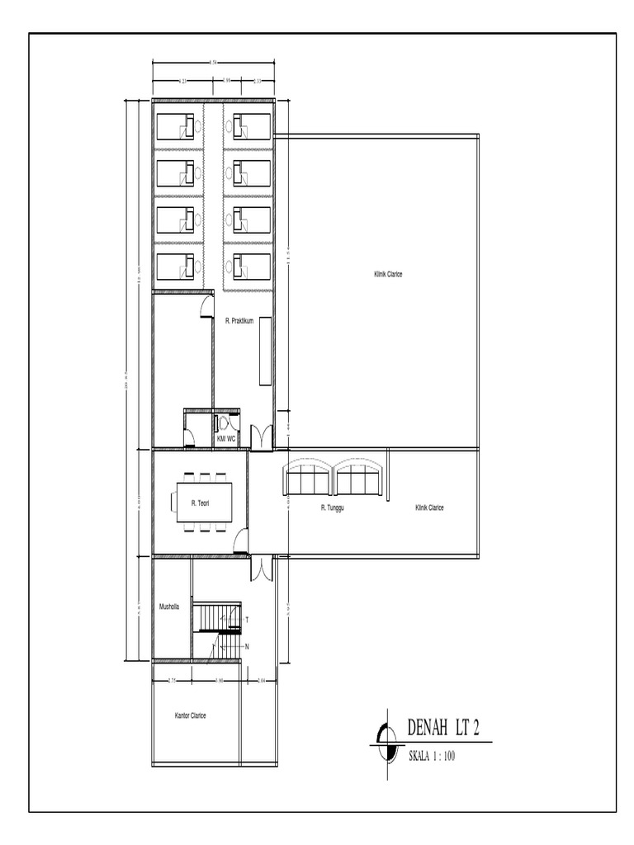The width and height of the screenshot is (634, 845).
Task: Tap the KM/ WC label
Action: tap(226, 440)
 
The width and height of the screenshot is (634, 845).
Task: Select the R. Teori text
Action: tap(199, 502)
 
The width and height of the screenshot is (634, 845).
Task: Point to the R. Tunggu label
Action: tap(332, 508)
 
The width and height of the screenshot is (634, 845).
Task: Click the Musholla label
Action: tap(169, 607)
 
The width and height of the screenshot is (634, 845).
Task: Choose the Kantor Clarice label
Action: tap(191, 715)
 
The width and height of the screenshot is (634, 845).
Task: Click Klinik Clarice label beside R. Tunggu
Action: tap(429, 508)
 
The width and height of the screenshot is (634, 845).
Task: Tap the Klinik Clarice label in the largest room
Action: tap(388, 274)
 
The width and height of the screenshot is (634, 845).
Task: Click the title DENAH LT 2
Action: tap(443, 729)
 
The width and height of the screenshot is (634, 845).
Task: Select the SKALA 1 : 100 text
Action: tap(432, 754)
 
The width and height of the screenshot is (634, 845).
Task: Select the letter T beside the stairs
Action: tap(247, 618)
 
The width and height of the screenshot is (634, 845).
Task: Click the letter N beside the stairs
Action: tap(247, 646)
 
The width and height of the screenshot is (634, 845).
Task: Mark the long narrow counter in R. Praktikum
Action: tap(264, 352)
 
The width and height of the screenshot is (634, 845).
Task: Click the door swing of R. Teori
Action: tap(240, 541)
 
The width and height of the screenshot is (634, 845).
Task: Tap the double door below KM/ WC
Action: tap(262, 437)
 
